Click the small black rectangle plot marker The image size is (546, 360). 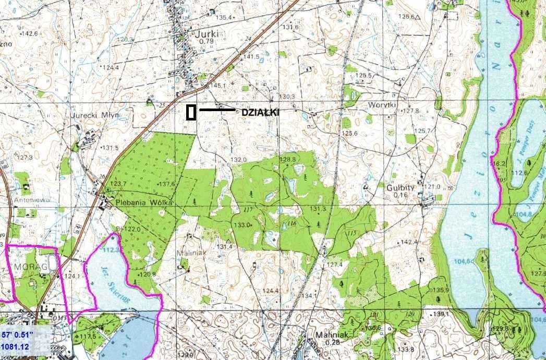pyautogui.click(x=191, y=112)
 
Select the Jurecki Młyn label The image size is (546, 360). pyautogui.click(x=96, y=115)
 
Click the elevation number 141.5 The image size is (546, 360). pyautogui.click(x=251, y=56)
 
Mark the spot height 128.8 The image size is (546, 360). pyautogui.click(x=287, y=159)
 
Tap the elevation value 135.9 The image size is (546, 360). pyautogui.click(x=441, y=290)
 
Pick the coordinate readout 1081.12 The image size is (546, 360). pyautogui.click(x=14, y=345)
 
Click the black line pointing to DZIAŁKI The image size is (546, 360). pyautogui.click(x=217, y=110)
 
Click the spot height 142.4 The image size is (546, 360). pyautogui.click(x=410, y=242)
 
